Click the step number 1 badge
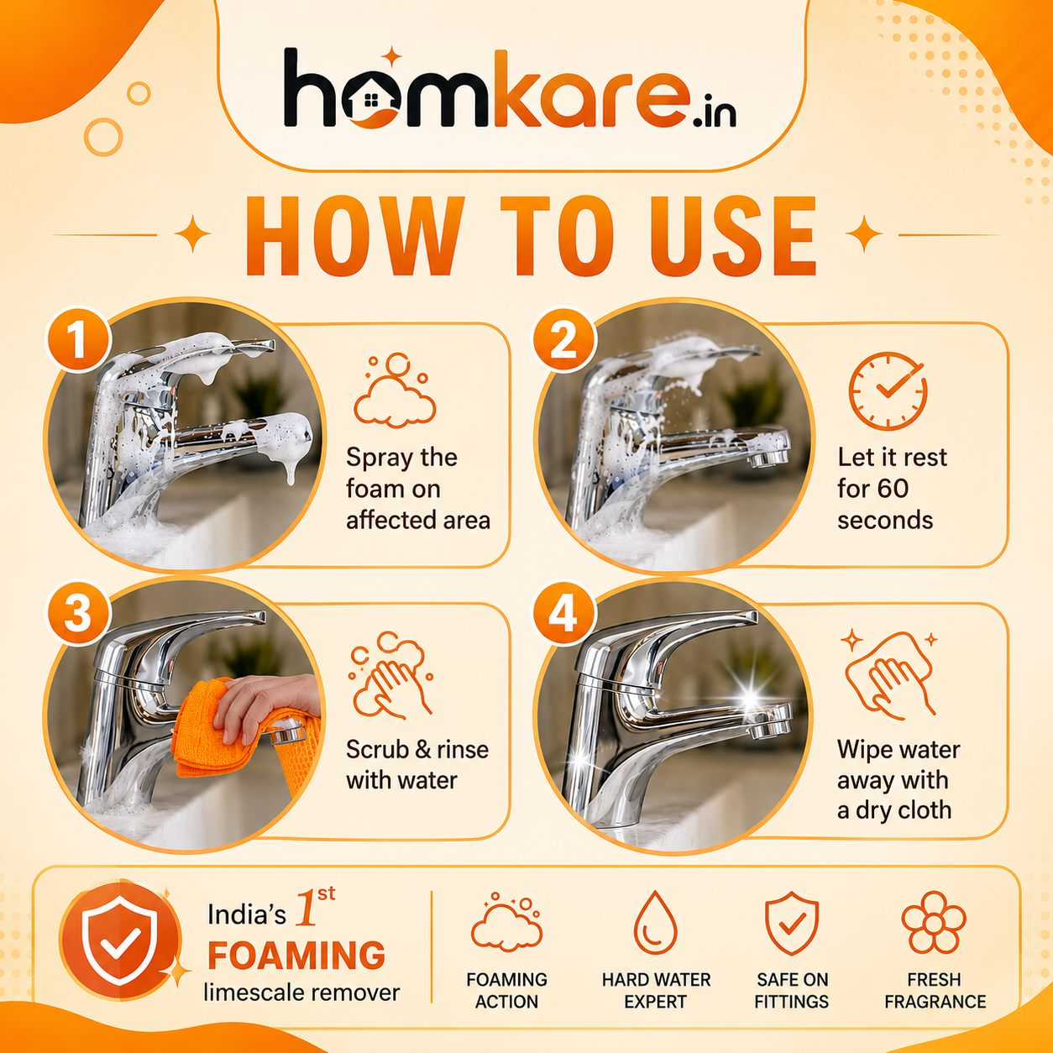tap(78, 340)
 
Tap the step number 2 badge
tap(564, 340)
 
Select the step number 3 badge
tap(78, 613)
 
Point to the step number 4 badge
tap(564, 613)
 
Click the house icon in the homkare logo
tap(370, 98)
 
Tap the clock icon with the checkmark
tap(888, 390)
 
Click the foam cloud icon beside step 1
tap(395, 390)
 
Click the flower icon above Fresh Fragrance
tap(934, 923)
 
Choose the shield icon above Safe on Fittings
tap(791, 923)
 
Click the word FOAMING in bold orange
tap(296, 956)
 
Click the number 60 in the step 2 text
tap(893, 488)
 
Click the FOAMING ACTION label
tap(506, 991)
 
